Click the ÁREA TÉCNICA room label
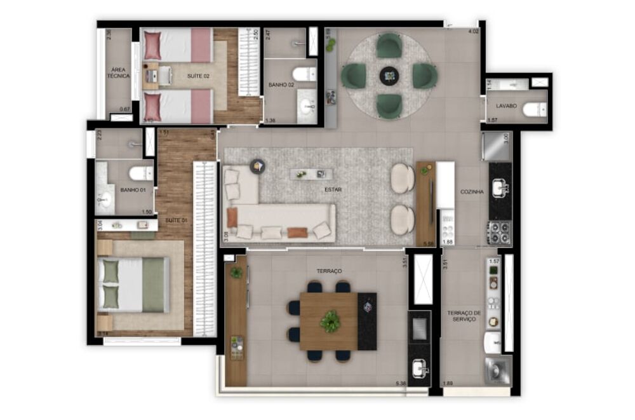(118, 72)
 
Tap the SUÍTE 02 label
(198, 76)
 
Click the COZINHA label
(472, 191)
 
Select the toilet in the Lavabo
(533, 111)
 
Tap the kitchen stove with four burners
(499, 233)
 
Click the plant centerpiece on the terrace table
(330, 322)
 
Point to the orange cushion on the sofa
(297, 233)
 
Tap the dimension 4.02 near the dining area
(473, 31)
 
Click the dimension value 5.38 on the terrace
(400, 383)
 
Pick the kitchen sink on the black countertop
(500, 187)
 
